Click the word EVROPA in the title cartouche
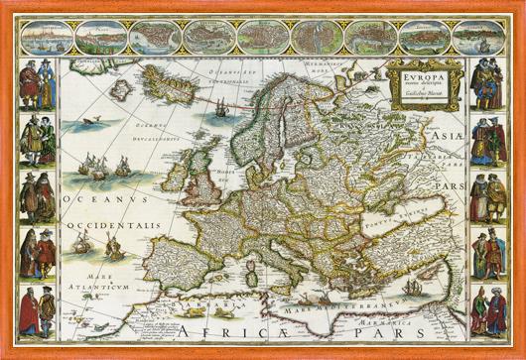tap(421, 72)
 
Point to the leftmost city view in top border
tap(44, 36)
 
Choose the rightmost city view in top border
tap(480, 36)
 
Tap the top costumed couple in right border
tap(487, 83)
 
